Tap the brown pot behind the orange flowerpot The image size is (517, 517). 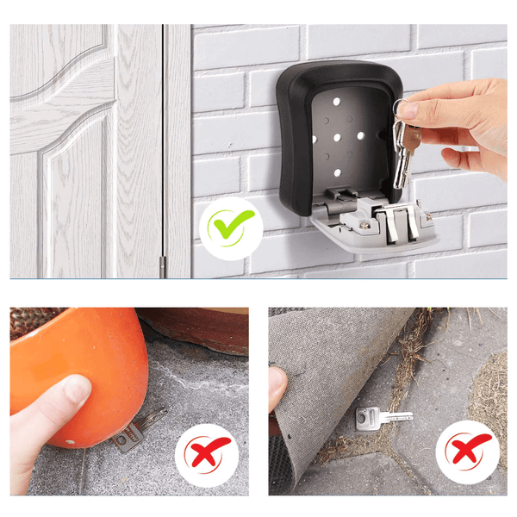tap(198, 327)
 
